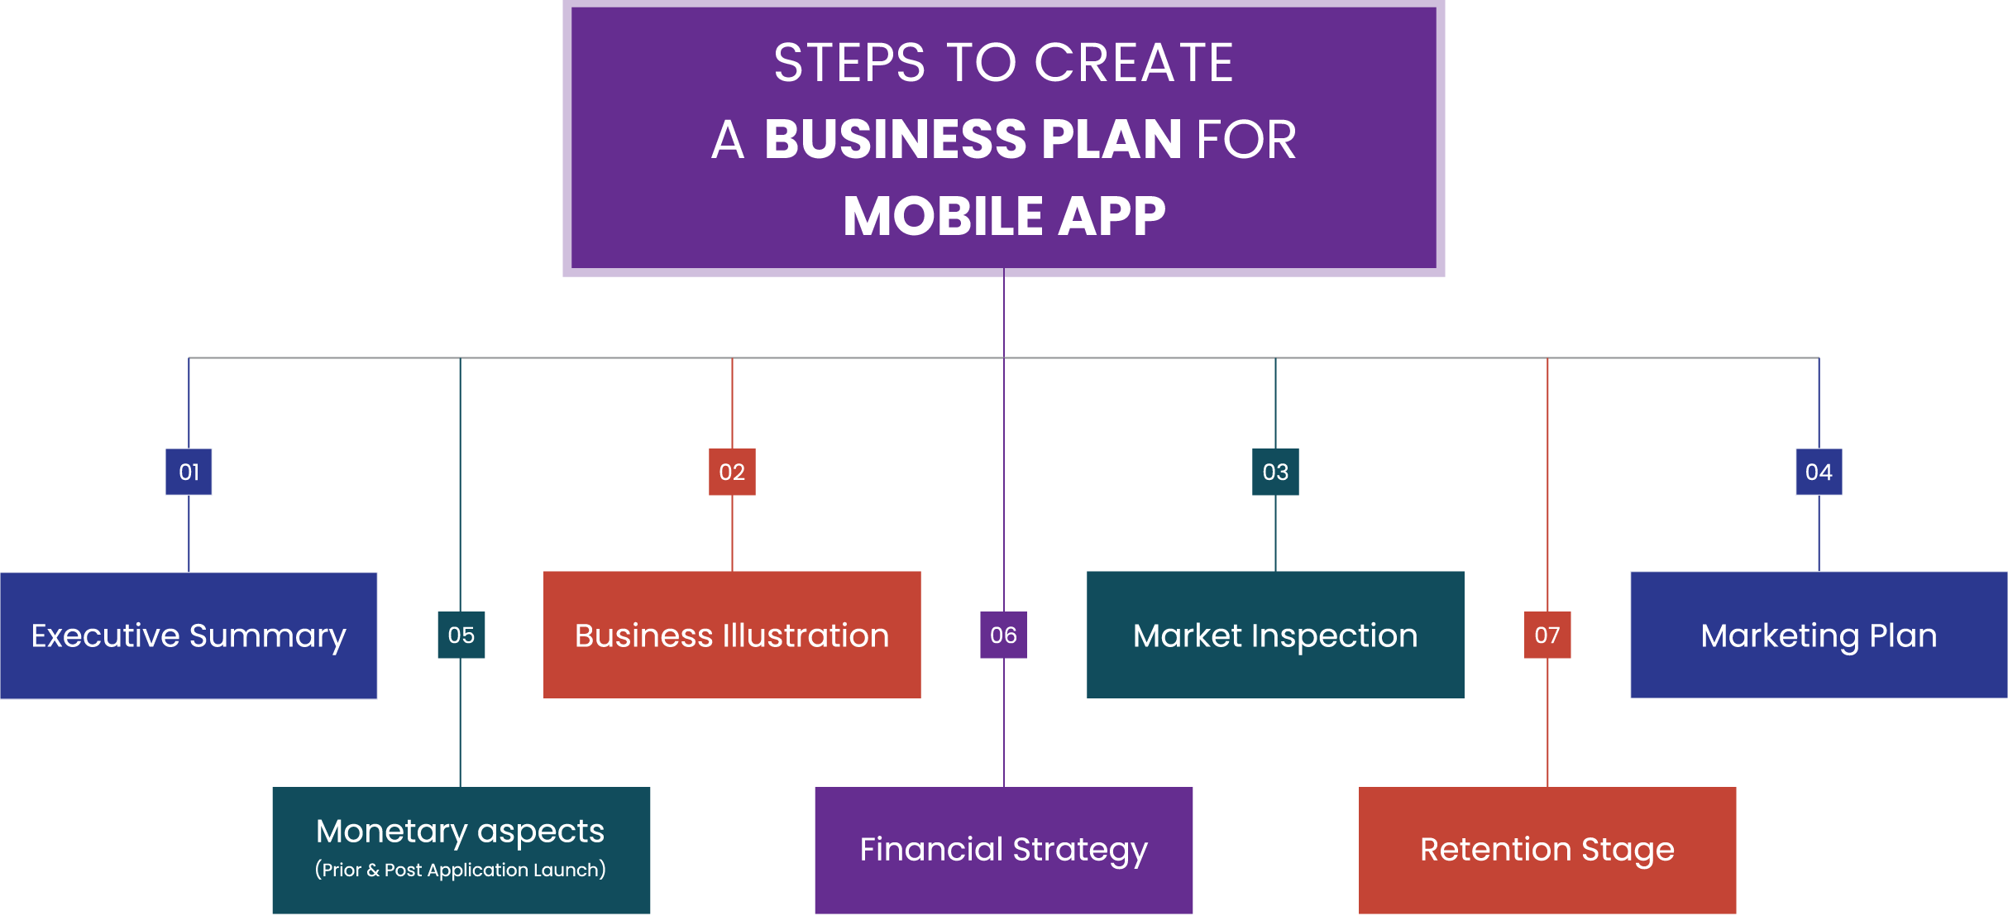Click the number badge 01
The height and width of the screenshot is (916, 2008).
point(189,472)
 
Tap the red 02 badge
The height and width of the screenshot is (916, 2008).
point(732,472)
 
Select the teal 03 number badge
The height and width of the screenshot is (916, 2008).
point(1275,472)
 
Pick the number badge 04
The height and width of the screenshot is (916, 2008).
point(1819,472)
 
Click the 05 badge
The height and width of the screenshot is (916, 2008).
point(461,635)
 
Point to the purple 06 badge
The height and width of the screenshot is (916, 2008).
point(1003,635)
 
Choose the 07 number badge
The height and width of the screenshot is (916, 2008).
point(1547,635)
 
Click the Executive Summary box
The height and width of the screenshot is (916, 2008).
point(189,635)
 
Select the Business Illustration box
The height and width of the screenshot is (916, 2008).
point(732,635)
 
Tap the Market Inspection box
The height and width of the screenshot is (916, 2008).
point(1275,635)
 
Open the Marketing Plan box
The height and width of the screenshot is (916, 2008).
point(1819,635)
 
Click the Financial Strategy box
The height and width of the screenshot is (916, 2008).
point(1003,850)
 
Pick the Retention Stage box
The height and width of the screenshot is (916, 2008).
point(1547,850)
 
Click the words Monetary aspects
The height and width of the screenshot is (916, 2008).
point(461,832)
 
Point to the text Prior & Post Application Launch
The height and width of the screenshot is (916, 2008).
point(461,870)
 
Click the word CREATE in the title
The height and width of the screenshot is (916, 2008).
point(1134,63)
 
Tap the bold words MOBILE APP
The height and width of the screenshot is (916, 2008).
point(1004,216)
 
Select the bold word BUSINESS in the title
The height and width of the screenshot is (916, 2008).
point(896,139)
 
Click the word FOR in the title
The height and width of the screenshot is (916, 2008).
point(1246,139)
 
